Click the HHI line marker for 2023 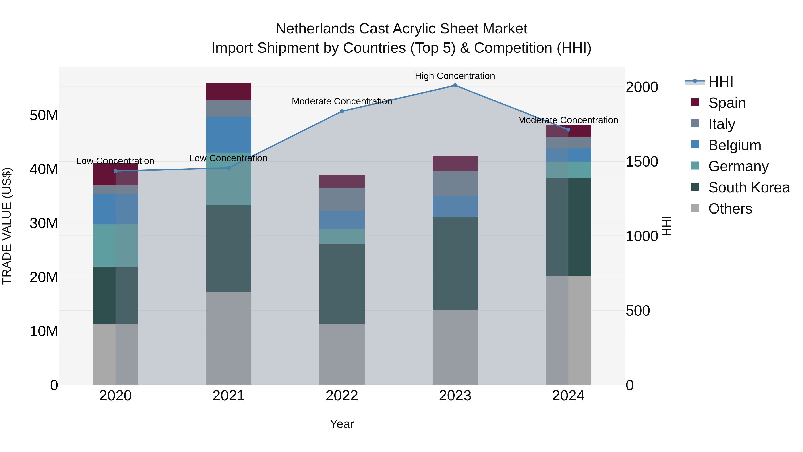tap(455, 85)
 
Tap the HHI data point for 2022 tap(342, 111)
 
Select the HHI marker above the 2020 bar tap(115, 171)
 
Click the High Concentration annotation tap(455, 76)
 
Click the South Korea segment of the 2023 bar tap(455, 264)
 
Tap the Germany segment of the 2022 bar tap(342, 236)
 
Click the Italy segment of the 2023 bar tap(455, 183)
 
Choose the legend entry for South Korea tap(749, 187)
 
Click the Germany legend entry tap(738, 166)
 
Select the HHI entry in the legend tap(720, 82)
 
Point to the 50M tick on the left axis tap(44, 115)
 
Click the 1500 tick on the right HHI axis tap(642, 162)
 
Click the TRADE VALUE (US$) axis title tap(7, 226)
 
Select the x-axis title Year tap(342, 424)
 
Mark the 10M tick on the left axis tap(44, 331)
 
